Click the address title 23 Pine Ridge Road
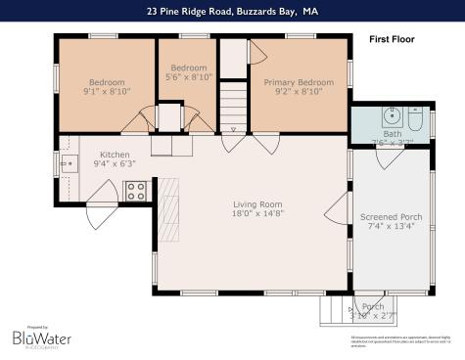point(232,11)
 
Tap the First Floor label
point(392,40)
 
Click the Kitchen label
point(115,155)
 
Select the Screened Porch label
point(391,216)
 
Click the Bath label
point(393,133)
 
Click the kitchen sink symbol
point(69,163)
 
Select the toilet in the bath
point(415,122)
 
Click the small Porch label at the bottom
point(373,306)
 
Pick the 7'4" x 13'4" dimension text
point(391,227)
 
